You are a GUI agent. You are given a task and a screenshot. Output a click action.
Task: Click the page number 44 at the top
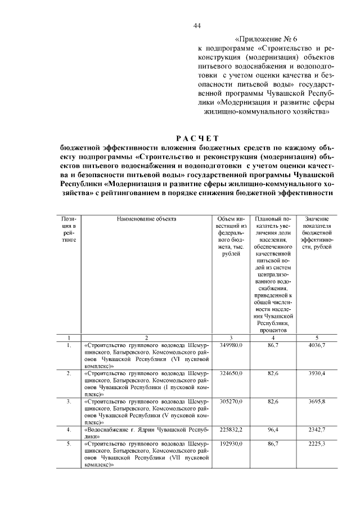coord(197,25)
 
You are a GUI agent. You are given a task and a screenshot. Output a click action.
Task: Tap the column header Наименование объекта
coord(146,218)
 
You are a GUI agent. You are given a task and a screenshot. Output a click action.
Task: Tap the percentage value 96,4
coord(273,430)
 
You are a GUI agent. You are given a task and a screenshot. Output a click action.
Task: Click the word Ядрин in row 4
coord(138,430)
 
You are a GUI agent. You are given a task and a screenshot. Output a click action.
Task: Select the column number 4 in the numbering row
coord(273,337)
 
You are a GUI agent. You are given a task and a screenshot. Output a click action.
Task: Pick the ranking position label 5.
coord(69,444)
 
